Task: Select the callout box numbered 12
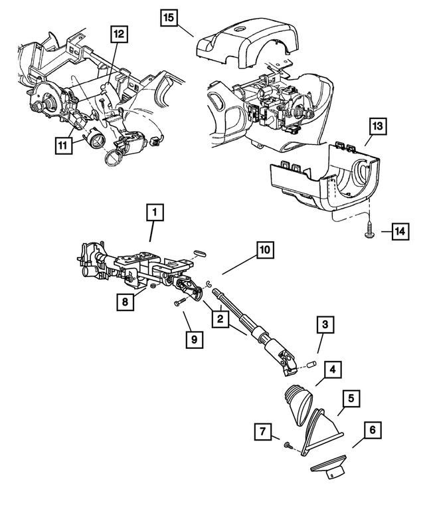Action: point(118,35)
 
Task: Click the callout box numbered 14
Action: point(400,231)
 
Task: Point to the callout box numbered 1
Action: point(154,213)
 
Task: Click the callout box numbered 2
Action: point(217,319)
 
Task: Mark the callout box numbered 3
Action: point(324,325)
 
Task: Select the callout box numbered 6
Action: point(372,431)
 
